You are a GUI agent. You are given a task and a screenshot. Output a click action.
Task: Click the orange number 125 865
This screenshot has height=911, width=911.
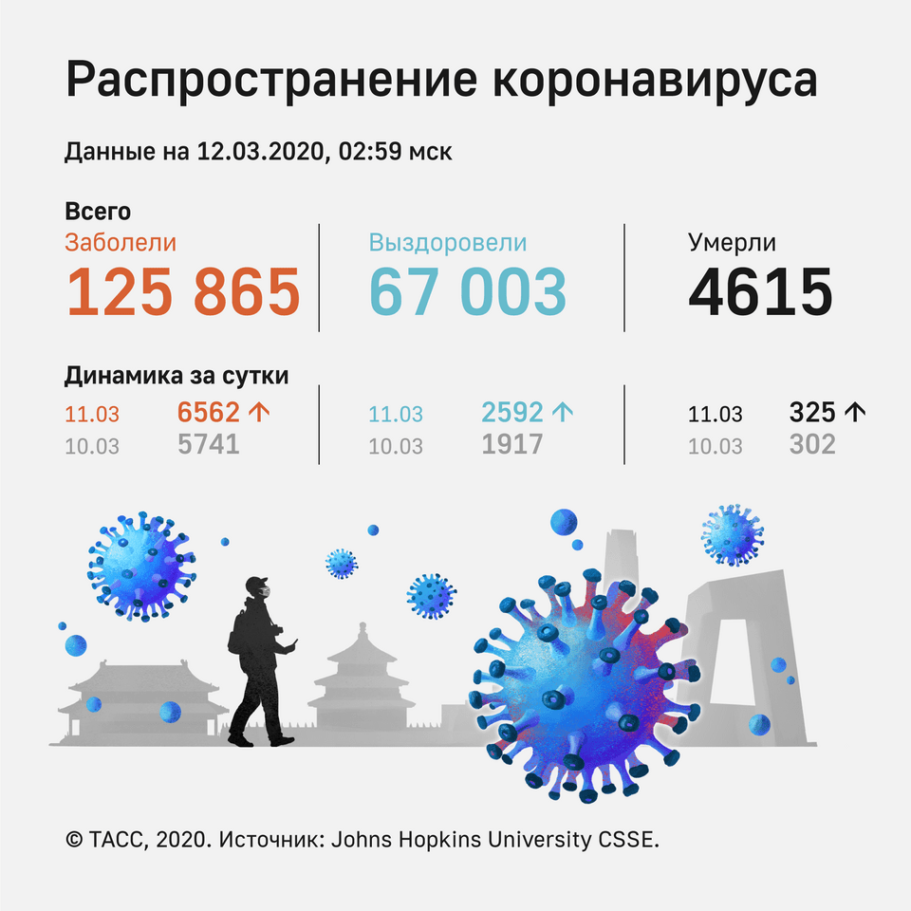pyautogui.click(x=182, y=291)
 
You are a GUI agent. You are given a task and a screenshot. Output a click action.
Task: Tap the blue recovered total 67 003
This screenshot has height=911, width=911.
pyautogui.click(x=467, y=291)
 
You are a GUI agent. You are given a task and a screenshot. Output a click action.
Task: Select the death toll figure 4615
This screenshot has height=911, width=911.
pyautogui.click(x=760, y=291)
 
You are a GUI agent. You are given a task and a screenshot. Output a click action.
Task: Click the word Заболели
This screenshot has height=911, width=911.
pyautogui.click(x=121, y=243)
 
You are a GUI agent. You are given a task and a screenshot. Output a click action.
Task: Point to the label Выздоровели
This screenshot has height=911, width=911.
pyautogui.click(x=447, y=243)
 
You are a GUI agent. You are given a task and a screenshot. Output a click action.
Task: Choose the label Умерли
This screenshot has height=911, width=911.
pyautogui.click(x=732, y=243)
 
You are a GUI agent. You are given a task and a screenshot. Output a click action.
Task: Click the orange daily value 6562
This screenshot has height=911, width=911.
pyautogui.click(x=209, y=412)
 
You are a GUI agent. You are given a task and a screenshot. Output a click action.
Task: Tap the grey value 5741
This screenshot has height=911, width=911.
pyautogui.click(x=208, y=443)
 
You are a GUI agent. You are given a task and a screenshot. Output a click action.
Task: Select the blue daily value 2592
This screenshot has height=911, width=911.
pyautogui.click(x=512, y=412)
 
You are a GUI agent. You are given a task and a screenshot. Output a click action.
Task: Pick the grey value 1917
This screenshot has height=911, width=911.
pyautogui.click(x=511, y=443)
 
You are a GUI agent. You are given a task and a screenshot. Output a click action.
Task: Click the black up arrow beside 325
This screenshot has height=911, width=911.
pyautogui.click(x=855, y=412)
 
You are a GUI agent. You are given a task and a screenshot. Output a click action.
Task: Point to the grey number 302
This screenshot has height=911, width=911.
pyautogui.click(x=812, y=443)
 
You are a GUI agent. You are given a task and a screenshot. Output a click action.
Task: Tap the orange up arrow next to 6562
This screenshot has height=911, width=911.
pyautogui.click(x=257, y=412)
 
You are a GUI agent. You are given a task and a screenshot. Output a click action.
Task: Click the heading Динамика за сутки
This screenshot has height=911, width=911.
pyautogui.click(x=177, y=376)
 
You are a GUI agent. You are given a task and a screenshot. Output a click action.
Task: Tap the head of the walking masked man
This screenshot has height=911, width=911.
pyautogui.click(x=258, y=587)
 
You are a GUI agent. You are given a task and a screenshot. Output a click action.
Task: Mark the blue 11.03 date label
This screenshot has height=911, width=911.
pyautogui.click(x=396, y=415)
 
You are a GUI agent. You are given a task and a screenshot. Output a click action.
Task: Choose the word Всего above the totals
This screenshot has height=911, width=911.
pyautogui.click(x=98, y=212)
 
